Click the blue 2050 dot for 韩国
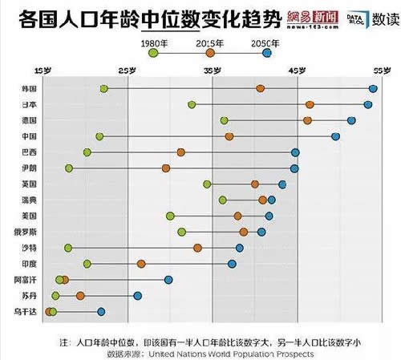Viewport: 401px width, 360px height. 373,88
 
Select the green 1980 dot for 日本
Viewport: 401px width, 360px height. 192,105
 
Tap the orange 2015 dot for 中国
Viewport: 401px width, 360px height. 229,136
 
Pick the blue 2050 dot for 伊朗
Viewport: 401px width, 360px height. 294,168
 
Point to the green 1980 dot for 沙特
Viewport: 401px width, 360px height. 68,248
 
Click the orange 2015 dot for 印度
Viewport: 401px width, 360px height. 141,264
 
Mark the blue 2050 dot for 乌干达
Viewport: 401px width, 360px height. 101,311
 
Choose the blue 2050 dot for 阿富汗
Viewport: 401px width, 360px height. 168,279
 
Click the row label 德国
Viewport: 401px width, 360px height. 29,121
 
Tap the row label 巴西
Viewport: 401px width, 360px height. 29,152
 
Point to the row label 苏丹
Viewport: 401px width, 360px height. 29,295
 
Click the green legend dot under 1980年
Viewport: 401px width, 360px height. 153,53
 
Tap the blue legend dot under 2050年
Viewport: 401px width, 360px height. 267,53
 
